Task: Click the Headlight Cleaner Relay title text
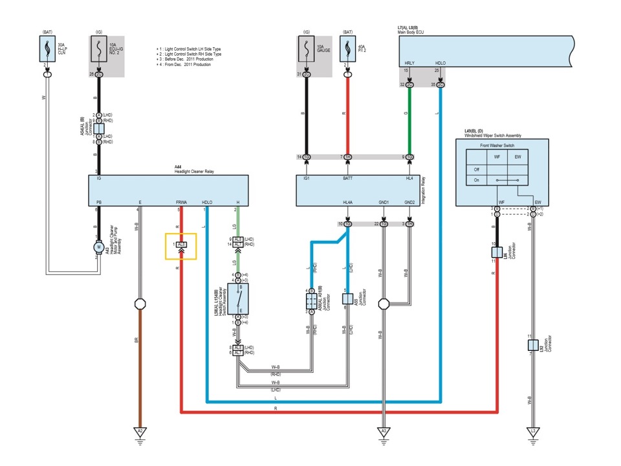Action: point(194,171)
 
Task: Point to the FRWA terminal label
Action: point(180,203)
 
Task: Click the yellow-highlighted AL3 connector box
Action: point(181,245)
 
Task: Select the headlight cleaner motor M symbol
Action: point(99,247)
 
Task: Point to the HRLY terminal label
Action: point(409,63)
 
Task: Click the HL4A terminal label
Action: point(347,203)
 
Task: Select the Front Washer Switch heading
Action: point(497,146)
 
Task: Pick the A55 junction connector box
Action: point(347,299)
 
